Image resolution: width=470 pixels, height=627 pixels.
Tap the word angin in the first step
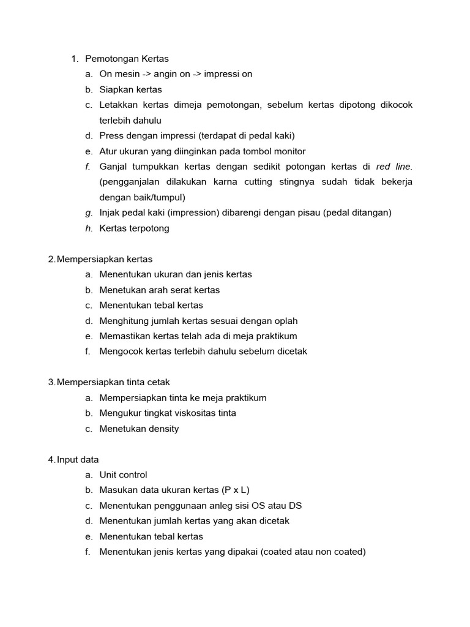click(x=165, y=74)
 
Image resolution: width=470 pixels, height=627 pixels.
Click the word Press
click(x=112, y=136)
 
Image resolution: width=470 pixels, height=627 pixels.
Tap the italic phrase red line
click(x=395, y=167)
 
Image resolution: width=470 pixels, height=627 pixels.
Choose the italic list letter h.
click(x=89, y=228)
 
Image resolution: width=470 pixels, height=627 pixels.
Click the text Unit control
click(x=123, y=475)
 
